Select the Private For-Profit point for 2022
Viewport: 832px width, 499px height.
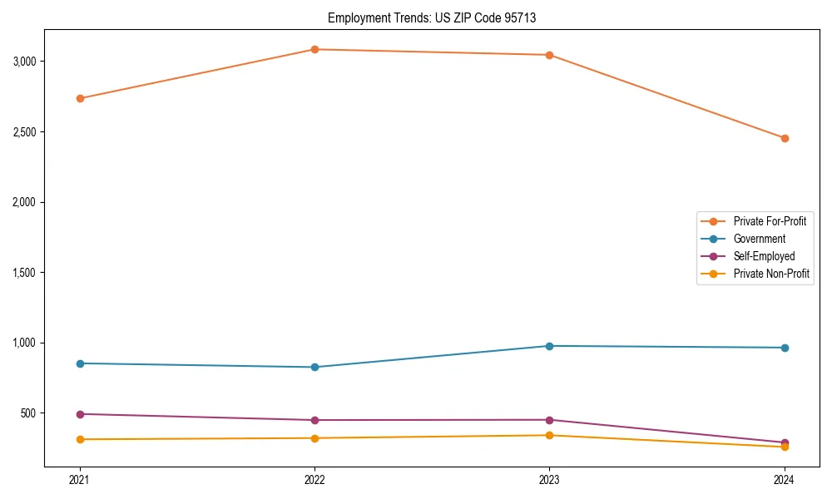click(x=314, y=49)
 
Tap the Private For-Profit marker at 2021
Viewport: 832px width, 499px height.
click(x=80, y=98)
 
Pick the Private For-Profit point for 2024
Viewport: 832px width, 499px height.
click(x=784, y=138)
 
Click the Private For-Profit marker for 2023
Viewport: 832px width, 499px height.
click(x=549, y=55)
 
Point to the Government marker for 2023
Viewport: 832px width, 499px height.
click(x=549, y=346)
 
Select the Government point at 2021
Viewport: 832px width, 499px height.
click(x=80, y=363)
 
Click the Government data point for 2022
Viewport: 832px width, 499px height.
click(x=314, y=367)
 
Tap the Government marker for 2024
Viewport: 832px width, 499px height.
click(x=784, y=348)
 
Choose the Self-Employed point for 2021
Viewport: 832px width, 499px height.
click(x=80, y=414)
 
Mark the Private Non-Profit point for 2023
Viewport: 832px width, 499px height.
click(x=549, y=435)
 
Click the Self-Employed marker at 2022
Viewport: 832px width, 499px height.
click(x=314, y=420)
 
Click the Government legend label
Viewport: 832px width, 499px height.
click(x=759, y=239)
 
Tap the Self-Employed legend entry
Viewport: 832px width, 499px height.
click(x=764, y=256)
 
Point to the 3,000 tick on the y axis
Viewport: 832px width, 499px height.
click(x=25, y=62)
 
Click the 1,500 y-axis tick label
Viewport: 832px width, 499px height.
click(x=25, y=273)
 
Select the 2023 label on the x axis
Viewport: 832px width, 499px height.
click(x=549, y=479)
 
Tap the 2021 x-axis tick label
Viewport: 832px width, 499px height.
click(x=80, y=479)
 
